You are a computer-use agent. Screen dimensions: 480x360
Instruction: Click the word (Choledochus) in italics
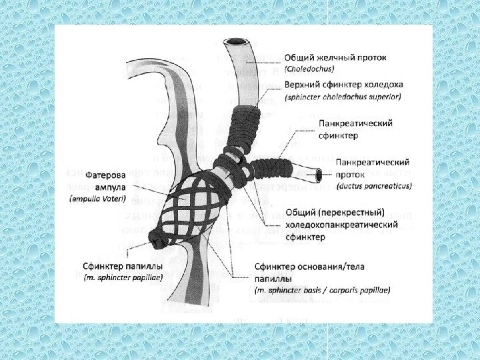point(311,68)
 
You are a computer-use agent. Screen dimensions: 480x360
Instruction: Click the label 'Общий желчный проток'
point(335,57)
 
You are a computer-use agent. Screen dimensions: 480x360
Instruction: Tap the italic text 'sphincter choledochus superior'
point(343,97)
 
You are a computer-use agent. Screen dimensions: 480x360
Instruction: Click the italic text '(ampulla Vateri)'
point(98,199)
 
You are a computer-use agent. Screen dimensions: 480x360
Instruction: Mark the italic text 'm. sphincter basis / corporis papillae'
point(323,291)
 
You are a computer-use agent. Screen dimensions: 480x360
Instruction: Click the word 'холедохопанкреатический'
point(341,225)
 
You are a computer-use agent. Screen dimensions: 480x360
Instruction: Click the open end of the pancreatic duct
point(319,175)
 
